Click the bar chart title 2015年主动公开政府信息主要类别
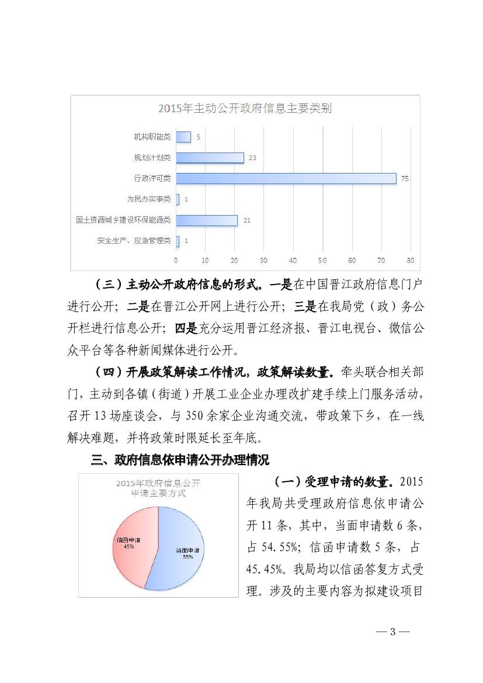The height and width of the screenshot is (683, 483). pos(245,108)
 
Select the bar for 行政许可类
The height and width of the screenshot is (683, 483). pos(286,178)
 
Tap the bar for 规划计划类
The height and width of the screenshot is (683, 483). pos(210,158)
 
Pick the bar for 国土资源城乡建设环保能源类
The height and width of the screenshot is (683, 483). pos(207,220)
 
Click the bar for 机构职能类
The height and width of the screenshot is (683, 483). pos(183,137)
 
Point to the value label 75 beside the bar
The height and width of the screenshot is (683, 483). pos(404,179)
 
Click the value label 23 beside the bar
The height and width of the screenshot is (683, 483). pos(252,158)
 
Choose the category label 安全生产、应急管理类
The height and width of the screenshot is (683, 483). pos(134,241)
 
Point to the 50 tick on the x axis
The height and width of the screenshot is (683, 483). pos(322,260)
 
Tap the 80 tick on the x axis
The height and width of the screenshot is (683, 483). pos(410,260)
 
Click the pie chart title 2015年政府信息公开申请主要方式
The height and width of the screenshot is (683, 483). pos(158,488)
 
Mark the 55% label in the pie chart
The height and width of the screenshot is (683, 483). pos(187,557)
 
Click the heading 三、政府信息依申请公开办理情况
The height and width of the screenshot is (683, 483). pos(180,460)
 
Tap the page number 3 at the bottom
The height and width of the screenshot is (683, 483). pos(393,632)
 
